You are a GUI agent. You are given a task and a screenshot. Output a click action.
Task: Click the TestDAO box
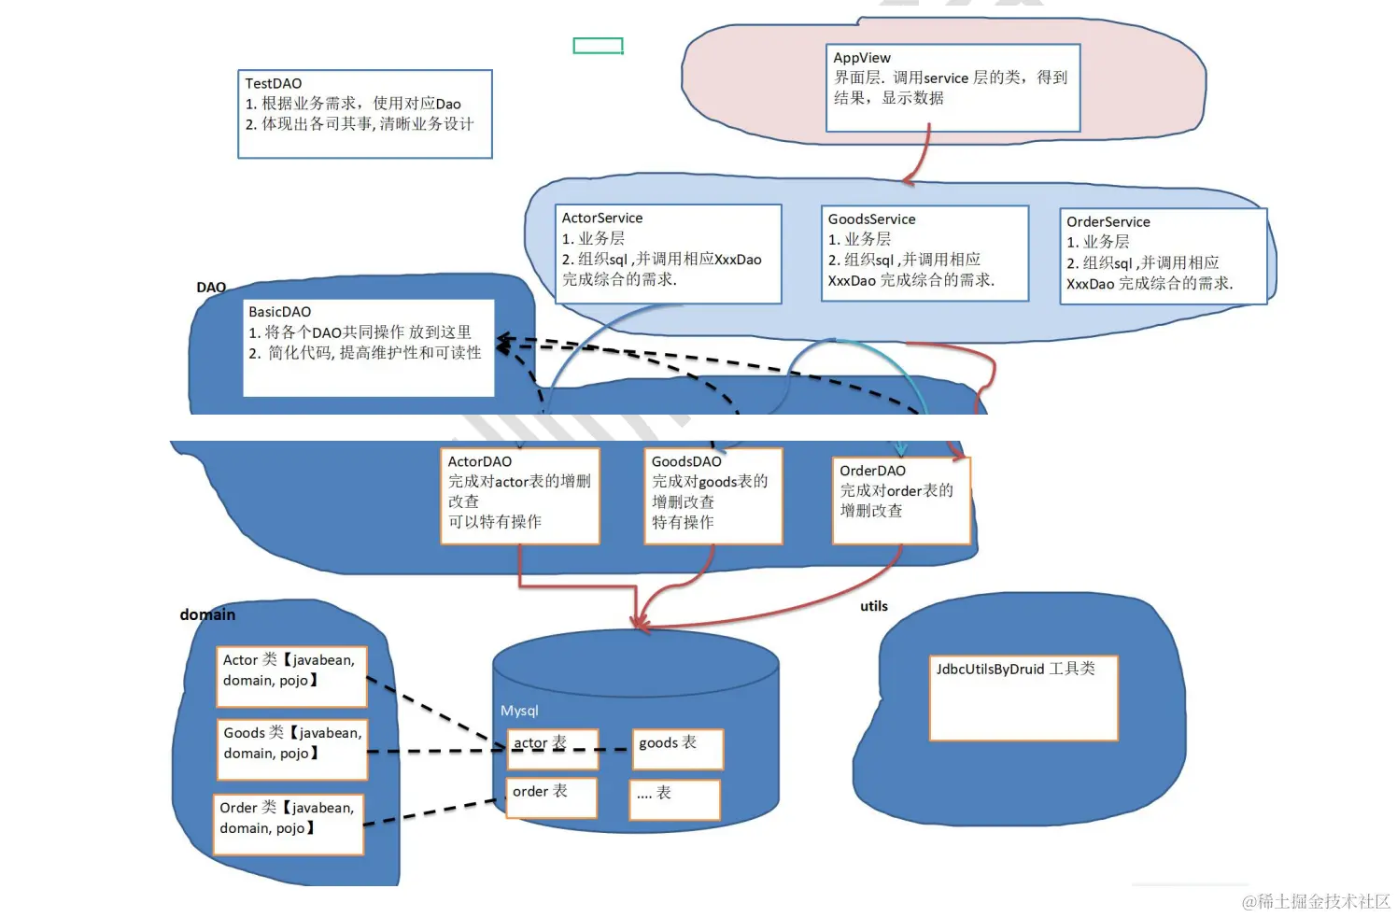(x=364, y=114)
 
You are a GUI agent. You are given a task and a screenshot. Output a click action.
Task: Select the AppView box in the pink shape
(x=952, y=88)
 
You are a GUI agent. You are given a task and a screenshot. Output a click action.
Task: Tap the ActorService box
(x=668, y=254)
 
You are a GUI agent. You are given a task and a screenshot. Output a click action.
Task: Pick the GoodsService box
(x=924, y=254)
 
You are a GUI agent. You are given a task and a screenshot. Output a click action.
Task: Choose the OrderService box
(x=1163, y=257)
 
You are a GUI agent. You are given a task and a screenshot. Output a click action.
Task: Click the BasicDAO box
(x=368, y=347)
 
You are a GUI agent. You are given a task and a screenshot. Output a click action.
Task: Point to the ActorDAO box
(x=519, y=496)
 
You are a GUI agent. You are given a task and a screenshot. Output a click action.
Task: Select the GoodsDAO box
(x=713, y=496)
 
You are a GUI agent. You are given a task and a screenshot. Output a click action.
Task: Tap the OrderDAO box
(x=900, y=500)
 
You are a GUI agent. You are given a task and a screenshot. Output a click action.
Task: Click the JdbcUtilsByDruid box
(x=1023, y=698)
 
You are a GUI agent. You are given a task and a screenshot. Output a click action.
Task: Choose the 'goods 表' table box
(x=677, y=749)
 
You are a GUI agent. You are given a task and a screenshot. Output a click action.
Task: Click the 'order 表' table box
(x=551, y=797)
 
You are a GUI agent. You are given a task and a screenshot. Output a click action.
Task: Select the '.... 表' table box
(x=674, y=799)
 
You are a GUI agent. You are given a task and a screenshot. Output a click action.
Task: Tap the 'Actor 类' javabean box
(x=290, y=676)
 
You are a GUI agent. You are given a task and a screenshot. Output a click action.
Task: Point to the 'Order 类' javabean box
(x=288, y=824)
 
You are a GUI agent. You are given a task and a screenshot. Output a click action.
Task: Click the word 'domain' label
(x=207, y=614)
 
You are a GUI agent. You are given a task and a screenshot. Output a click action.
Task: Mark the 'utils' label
(x=873, y=606)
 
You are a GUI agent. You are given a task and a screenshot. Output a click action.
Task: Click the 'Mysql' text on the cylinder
(x=519, y=711)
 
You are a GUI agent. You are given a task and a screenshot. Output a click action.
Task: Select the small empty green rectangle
(x=598, y=46)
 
